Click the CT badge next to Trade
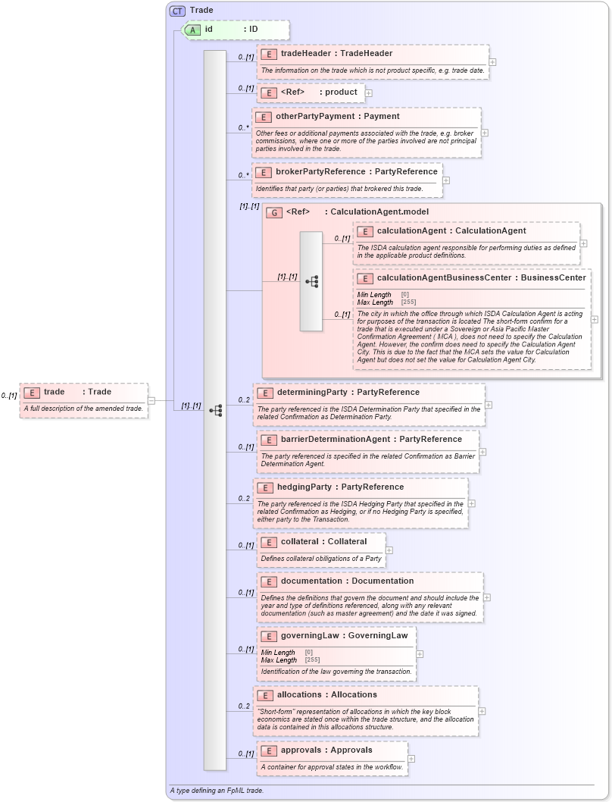177,11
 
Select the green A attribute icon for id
193,30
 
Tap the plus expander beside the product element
369,92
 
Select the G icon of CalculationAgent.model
274,212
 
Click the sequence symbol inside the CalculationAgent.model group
311,281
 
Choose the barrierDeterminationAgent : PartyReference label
361,440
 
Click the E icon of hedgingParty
265,487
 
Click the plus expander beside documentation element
486,597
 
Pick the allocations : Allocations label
326,695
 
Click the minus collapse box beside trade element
151,401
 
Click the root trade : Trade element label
77,392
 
